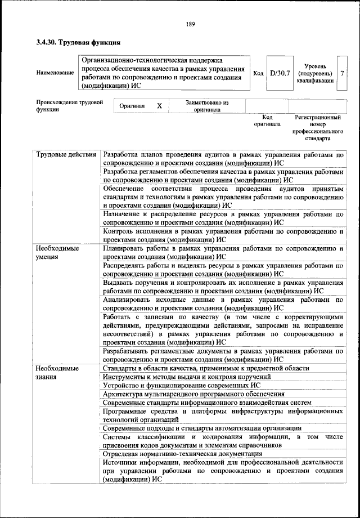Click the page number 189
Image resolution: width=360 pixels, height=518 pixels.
(x=190, y=24)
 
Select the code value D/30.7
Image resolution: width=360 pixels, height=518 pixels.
(x=279, y=73)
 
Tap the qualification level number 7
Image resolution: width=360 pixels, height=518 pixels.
(x=342, y=73)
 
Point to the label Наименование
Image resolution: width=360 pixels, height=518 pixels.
(x=55, y=74)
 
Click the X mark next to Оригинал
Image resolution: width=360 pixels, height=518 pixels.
(x=159, y=106)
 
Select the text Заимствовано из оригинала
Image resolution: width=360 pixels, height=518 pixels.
(x=207, y=106)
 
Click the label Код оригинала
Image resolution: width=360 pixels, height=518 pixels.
(x=267, y=120)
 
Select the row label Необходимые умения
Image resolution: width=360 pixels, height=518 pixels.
(x=58, y=252)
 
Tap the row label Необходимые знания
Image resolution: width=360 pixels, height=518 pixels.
(x=58, y=373)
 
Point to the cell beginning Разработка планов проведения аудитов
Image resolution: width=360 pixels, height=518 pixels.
(x=223, y=158)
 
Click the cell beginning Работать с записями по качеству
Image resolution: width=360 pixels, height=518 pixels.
(x=223, y=329)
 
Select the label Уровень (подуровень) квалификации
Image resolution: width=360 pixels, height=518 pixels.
(x=315, y=73)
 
